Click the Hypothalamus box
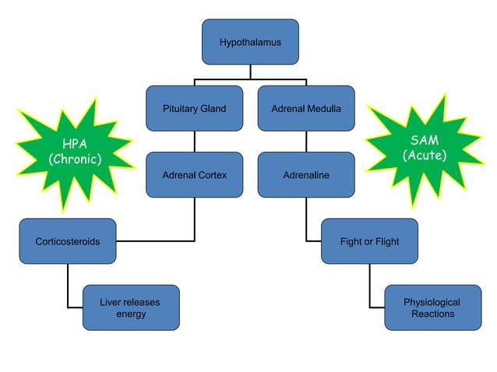[250, 42]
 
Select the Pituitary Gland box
[194, 108]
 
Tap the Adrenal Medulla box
[306, 108]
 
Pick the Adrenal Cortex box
[194, 175]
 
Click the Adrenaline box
[306, 175]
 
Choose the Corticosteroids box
[68, 241]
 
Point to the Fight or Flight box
[369, 241]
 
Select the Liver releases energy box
[131, 307]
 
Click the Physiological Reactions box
[432, 307]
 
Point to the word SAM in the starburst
[425, 140]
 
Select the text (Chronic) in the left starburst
[76, 160]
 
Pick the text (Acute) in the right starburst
[425, 156]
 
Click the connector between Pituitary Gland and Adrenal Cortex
[194, 141]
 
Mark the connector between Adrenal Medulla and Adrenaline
[306, 141]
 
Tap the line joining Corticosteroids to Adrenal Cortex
[156, 241]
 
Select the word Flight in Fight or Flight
[386, 241]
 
